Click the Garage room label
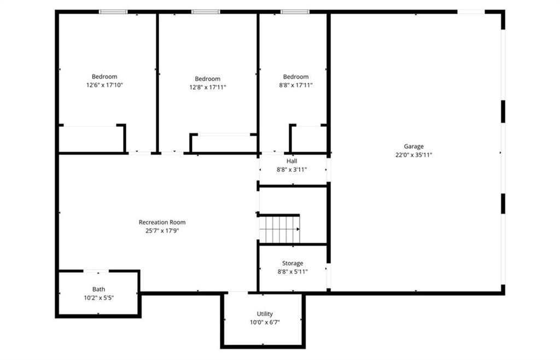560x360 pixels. pyautogui.click(x=414, y=146)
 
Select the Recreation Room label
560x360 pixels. pyautogui.click(x=162, y=222)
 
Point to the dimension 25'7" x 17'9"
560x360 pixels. pyautogui.click(x=162, y=230)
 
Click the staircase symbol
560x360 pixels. pyautogui.click(x=279, y=229)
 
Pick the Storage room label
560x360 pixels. pyautogui.click(x=293, y=263)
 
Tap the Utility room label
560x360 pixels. pyautogui.click(x=265, y=314)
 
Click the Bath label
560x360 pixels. pyautogui.click(x=99, y=289)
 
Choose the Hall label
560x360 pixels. pyautogui.click(x=292, y=161)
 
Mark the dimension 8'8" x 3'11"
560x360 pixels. pyautogui.click(x=292, y=170)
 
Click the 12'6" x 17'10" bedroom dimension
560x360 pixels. pyautogui.click(x=104, y=85)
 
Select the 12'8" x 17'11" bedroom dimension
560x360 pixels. pyautogui.click(x=208, y=87)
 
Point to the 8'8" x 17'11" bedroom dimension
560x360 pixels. pyautogui.click(x=296, y=85)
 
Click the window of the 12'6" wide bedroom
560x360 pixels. pyautogui.click(x=113, y=11)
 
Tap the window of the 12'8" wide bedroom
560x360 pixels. pyautogui.click(x=206, y=11)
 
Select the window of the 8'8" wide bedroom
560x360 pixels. pyautogui.click(x=295, y=11)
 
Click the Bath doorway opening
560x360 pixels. pyautogui.click(x=96, y=271)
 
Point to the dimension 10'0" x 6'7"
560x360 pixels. pyautogui.click(x=265, y=322)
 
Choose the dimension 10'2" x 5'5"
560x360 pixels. pyautogui.click(x=99, y=298)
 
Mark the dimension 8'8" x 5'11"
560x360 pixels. pyautogui.click(x=293, y=271)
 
